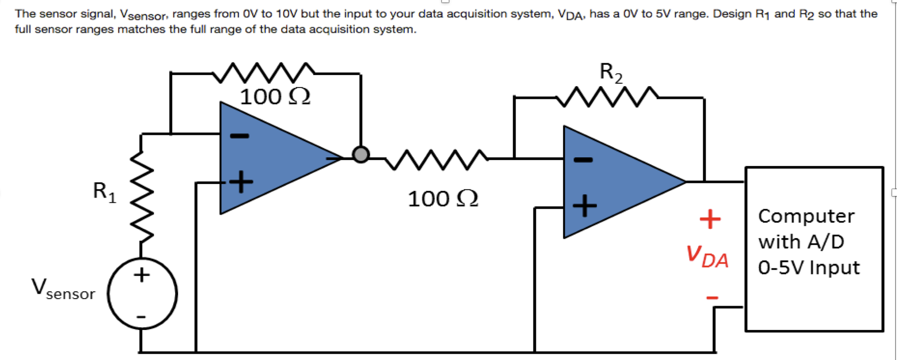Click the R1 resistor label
[105, 192]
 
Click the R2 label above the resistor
[611, 73]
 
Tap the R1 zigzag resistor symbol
[141, 196]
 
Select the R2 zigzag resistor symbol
[607, 97]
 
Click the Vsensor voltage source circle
[142, 294]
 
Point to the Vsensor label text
[63, 289]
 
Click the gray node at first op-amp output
[360, 154]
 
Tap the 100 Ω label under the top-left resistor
[274, 97]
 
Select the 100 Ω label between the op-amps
[442, 199]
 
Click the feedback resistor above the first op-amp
[264, 73]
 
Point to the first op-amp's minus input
[239, 136]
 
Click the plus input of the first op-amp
[241, 182]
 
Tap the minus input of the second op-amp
[583, 160]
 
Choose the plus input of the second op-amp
[585, 206]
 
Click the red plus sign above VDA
[710, 219]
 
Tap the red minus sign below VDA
[712, 298]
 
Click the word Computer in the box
[806, 216]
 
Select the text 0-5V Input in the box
[808, 268]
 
